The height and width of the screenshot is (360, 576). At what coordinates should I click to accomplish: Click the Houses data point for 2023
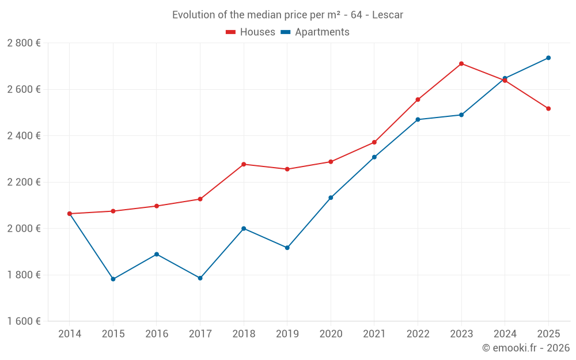[x=461, y=63]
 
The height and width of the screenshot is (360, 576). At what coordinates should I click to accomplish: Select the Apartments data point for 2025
[x=548, y=58]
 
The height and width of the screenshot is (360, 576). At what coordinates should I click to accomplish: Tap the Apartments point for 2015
[x=113, y=279]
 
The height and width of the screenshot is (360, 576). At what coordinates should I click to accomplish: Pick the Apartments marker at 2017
[x=200, y=278]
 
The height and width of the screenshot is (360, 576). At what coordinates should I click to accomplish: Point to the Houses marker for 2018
[x=244, y=164]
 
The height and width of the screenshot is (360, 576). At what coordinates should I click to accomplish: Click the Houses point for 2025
[x=548, y=108]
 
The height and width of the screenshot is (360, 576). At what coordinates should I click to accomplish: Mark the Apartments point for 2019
[x=287, y=248]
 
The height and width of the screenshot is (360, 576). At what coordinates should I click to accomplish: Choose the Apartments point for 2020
[x=331, y=198]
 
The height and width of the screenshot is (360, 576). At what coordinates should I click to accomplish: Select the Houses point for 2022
[x=418, y=100]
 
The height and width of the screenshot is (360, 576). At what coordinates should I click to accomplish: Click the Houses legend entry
[x=251, y=32]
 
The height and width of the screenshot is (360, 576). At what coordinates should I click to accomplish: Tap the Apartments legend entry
[x=315, y=32]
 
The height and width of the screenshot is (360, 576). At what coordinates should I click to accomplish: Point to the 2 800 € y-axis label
[x=24, y=43]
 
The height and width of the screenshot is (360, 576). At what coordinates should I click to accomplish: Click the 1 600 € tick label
[x=24, y=321]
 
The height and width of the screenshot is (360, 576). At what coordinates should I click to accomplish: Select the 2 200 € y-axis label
[x=24, y=182]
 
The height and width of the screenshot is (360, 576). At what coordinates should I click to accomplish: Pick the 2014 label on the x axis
[x=70, y=334]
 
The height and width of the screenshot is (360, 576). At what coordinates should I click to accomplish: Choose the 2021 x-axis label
[x=374, y=334]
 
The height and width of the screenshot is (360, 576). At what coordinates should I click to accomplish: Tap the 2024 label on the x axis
[x=505, y=334]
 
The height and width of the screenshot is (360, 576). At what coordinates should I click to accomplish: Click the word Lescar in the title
[x=388, y=14]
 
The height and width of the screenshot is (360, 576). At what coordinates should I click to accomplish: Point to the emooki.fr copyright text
[x=525, y=348]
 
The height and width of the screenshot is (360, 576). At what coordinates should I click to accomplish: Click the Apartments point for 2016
[x=157, y=254]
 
